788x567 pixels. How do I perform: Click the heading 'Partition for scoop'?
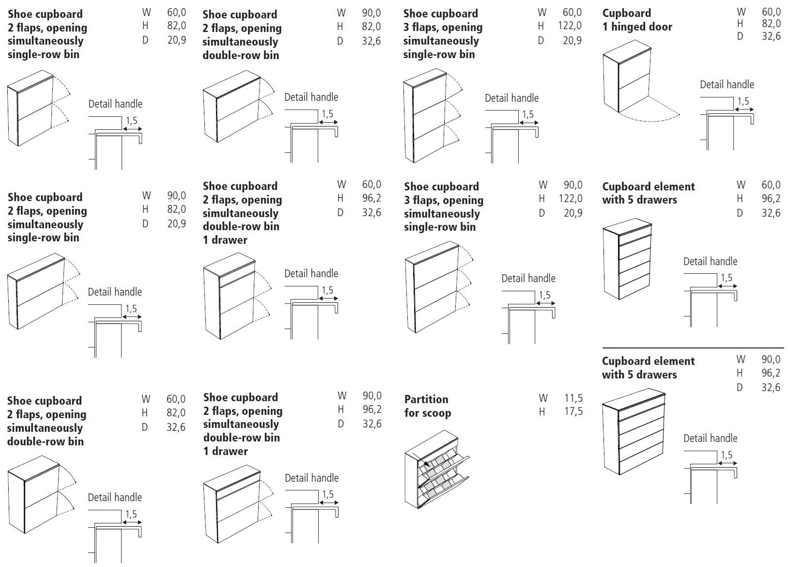[428, 406]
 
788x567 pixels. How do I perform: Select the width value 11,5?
[573, 398]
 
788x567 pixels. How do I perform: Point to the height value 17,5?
[573, 412]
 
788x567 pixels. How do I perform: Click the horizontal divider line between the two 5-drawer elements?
[693, 348]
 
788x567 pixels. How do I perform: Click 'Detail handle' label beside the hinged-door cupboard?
[726, 85]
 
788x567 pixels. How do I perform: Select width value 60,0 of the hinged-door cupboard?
[771, 12]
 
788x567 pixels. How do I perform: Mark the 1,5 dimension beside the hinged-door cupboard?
[743, 102]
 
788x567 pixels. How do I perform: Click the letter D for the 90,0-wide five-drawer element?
[740, 387]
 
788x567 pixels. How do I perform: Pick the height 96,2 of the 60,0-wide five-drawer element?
[771, 199]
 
